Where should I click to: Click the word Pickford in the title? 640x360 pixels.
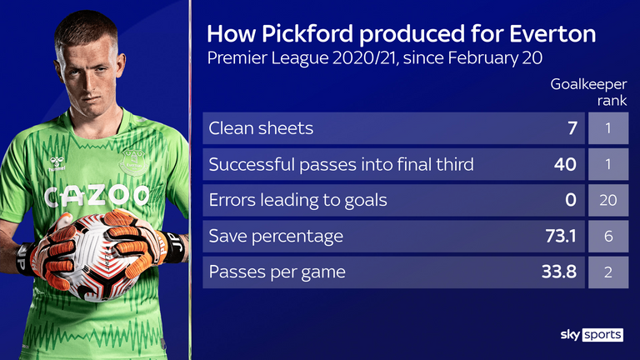tap(307, 34)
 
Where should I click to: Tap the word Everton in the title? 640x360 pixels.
tap(552, 34)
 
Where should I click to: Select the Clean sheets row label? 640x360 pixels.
tap(261, 128)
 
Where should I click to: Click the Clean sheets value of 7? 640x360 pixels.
tap(572, 128)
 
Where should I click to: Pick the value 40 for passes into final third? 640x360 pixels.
tap(565, 164)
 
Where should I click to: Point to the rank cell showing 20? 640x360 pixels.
tap(608, 200)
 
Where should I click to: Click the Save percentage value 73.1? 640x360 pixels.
tap(561, 236)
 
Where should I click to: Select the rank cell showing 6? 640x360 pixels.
tap(608, 236)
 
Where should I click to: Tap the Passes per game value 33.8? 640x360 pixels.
tap(559, 272)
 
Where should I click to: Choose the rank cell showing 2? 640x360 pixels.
tap(608, 272)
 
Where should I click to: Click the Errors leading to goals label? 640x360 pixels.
tap(298, 200)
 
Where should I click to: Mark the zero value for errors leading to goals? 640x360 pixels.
tap(571, 200)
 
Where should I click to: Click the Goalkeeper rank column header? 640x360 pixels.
tap(588, 92)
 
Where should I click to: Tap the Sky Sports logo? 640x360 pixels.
tap(592, 335)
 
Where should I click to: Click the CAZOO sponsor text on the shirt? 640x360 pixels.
tap(97, 197)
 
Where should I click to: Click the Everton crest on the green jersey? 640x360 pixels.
tap(133, 162)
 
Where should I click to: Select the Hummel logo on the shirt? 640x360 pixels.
tap(57, 163)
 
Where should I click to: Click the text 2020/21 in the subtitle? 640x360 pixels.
tap(364, 58)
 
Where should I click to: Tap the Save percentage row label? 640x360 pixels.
tap(276, 237)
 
